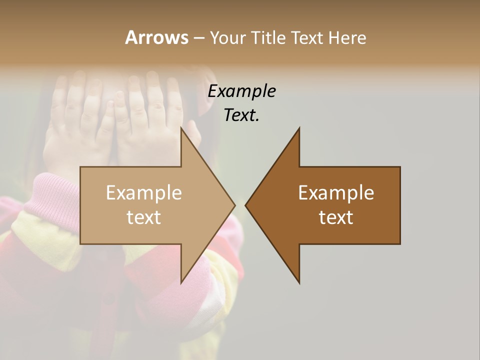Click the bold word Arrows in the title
tap(156, 37)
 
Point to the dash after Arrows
tap(198, 38)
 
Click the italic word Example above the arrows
tap(241, 91)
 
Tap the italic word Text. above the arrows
tap(241, 115)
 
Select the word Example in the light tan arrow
tap(144, 193)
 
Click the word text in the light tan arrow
tap(144, 217)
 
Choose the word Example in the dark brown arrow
tap(336, 193)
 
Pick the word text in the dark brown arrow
tap(336, 217)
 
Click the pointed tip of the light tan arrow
tap(235, 205)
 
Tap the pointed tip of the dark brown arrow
tap(245, 205)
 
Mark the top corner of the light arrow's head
tap(181, 127)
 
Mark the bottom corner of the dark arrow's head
tap(299, 283)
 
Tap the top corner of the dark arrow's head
tap(299, 127)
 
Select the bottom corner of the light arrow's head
tap(181, 283)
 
